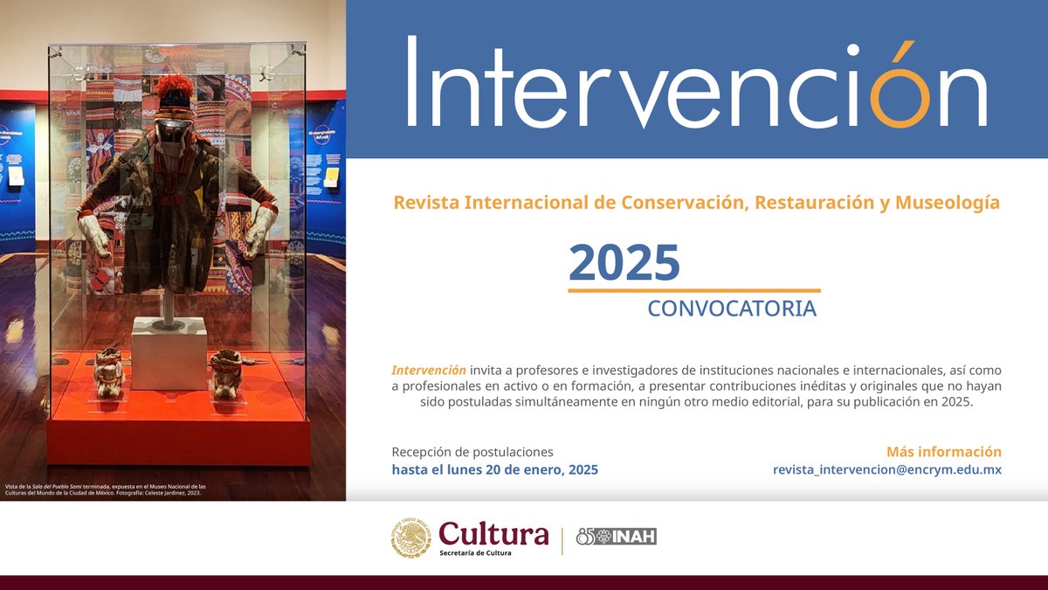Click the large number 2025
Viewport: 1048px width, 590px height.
pos(624,262)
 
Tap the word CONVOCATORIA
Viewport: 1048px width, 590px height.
pos(732,309)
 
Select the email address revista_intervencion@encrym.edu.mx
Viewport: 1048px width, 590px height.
pos(886,469)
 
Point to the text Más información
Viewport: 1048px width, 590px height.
pos(943,452)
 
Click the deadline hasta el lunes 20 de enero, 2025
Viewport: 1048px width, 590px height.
pos(494,469)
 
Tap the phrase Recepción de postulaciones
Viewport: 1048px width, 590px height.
pos(472,452)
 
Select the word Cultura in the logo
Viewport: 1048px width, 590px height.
pos(493,532)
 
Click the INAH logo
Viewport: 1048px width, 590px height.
pos(617,537)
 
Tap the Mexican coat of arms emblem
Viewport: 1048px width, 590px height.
pos(410,538)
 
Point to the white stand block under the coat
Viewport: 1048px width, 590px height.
pos(169,352)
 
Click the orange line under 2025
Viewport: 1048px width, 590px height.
pos(694,290)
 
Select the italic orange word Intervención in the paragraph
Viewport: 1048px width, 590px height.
pos(429,370)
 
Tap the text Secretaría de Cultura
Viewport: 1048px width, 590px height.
pos(475,553)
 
